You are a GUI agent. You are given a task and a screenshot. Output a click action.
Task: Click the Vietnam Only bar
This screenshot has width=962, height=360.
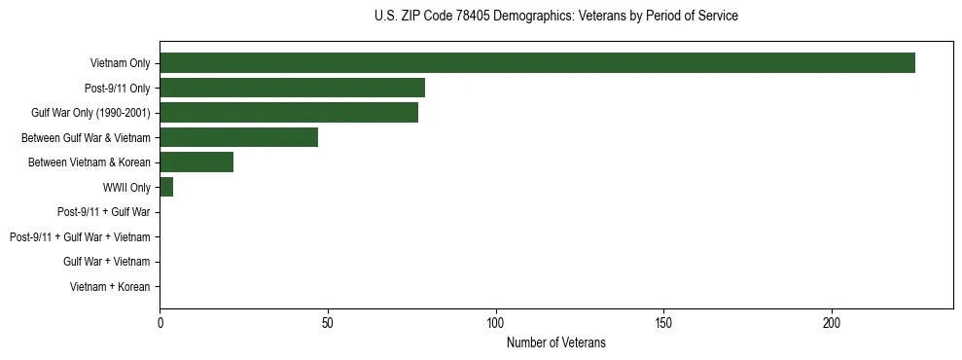[537, 63]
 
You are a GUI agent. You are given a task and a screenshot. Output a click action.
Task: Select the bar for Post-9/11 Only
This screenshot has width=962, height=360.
[292, 88]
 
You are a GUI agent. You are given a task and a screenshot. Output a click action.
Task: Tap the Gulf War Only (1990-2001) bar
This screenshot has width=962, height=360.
[289, 113]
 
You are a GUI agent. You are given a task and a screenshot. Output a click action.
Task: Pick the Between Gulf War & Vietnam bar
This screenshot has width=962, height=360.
[238, 137]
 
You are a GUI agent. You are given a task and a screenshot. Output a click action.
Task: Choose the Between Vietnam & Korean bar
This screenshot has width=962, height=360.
[196, 162]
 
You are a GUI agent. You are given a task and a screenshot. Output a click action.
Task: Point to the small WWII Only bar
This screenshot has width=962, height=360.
[166, 187]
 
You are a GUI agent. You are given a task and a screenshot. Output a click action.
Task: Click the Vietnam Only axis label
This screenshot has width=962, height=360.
[120, 63]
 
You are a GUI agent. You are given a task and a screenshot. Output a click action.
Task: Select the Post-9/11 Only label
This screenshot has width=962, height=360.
[118, 88]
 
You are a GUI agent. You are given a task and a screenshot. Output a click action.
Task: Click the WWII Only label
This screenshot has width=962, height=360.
[126, 187]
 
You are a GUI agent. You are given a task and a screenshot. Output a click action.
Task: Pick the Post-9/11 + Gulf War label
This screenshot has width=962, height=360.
[104, 211]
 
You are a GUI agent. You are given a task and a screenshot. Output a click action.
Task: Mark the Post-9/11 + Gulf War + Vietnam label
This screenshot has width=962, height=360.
[80, 236]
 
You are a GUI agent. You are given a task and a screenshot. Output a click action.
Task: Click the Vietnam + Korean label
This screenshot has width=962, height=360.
[110, 286]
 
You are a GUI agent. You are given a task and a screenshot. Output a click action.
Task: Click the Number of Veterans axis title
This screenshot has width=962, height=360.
[555, 342]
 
